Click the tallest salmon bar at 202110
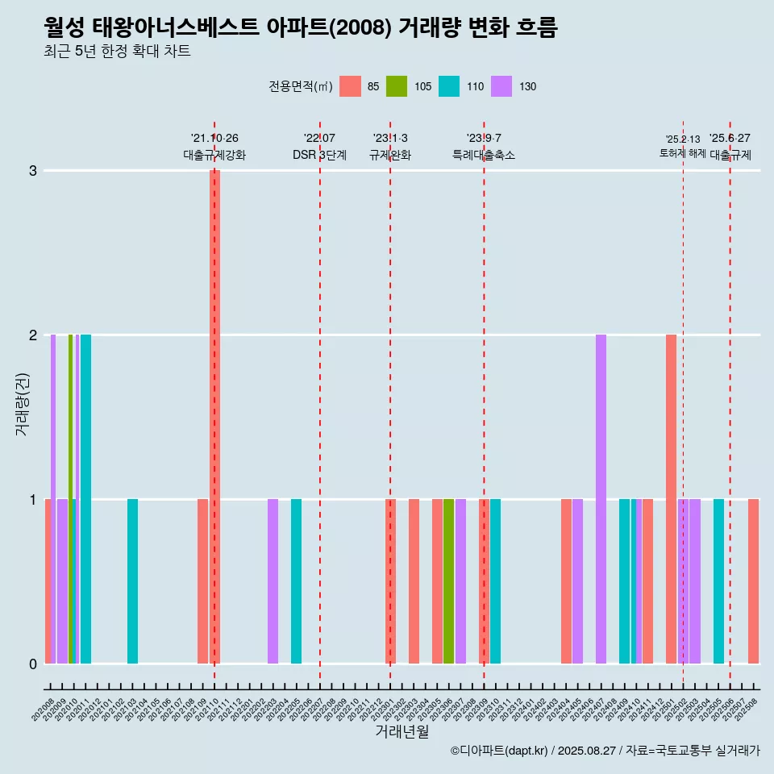pyautogui.click(x=215, y=416)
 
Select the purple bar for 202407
pyautogui.click(x=601, y=498)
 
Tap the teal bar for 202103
pyautogui.click(x=132, y=580)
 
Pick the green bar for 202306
pyautogui.click(x=448, y=580)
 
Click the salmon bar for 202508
pyautogui.click(x=753, y=580)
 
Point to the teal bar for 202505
pyautogui.click(x=718, y=580)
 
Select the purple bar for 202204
pyautogui.click(x=273, y=580)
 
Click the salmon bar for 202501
pyautogui.click(x=671, y=498)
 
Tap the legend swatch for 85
pyautogui.click(x=350, y=86)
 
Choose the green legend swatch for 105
pyautogui.click(x=397, y=86)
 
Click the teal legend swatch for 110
pyautogui.click(x=449, y=86)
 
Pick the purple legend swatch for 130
pyautogui.click(x=501, y=86)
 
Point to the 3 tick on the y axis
pyautogui.click(x=33, y=170)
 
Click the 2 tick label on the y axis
pyautogui.click(x=33, y=335)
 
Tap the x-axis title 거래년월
pyautogui.click(x=402, y=731)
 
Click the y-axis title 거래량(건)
pyautogui.click(x=23, y=403)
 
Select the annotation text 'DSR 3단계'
pyautogui.click(x=319, y=155)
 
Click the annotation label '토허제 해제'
pyautogui.click(x=682, y=153)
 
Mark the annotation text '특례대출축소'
pyautogui.click(x=484, y=155)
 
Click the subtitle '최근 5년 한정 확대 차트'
pyautogui.click(x=117, y=52)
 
